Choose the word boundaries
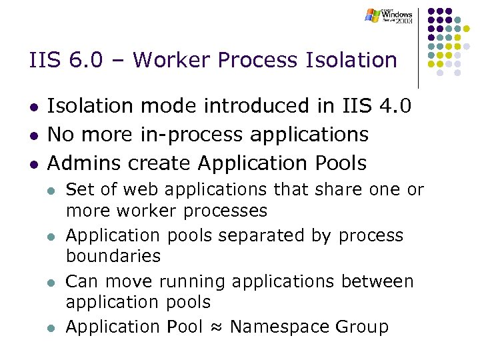click(x=113, y=256)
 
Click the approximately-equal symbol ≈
click(x=215, y=327)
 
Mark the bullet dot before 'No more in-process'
click(x=33, y=135)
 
